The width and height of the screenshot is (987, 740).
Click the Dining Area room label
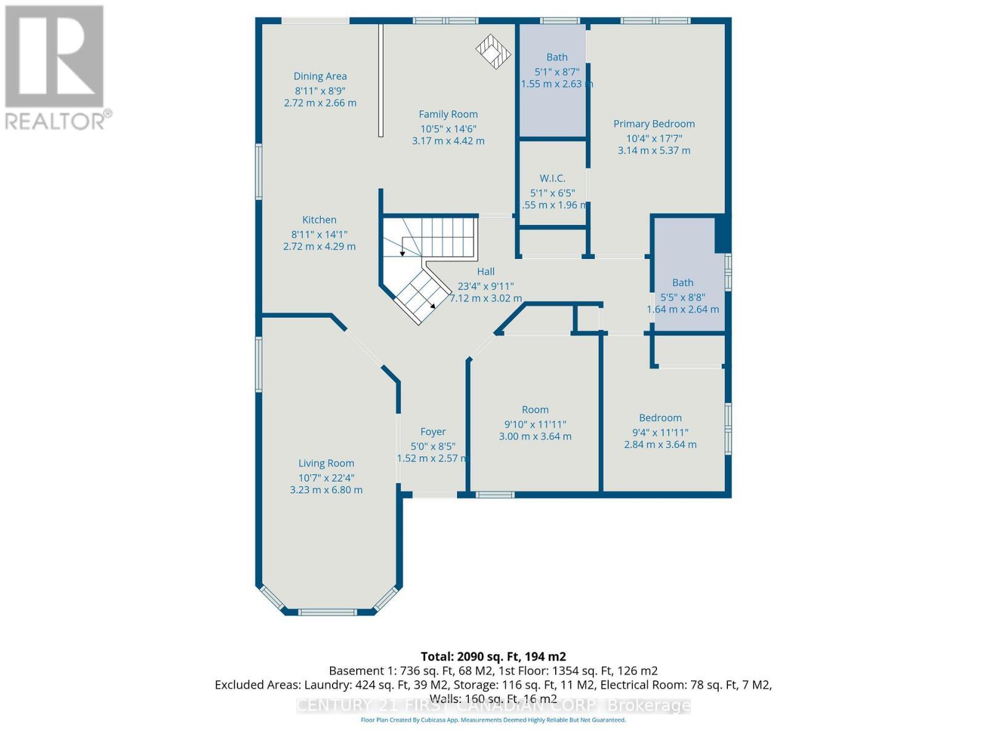coord(320,76)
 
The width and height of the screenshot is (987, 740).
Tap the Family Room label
coord(448,114)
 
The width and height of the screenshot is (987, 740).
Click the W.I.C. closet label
coord(552,178)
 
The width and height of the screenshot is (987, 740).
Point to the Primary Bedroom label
coord(654,124)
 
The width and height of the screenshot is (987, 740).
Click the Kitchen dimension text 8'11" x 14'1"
coord(319,234)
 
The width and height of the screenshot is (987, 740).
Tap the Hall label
coord(485,271)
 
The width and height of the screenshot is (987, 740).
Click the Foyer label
coord(433,432)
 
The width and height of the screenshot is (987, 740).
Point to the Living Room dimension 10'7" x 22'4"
coord(326,478)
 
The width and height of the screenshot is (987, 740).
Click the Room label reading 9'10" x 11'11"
coord(535,410)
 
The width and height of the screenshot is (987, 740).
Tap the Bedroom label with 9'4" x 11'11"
coord(660,418)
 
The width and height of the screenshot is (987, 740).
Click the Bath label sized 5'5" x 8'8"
coord(682,282)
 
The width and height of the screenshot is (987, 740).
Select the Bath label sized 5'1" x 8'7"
coord(556,57)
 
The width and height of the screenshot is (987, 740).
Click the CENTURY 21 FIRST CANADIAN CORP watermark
coord(493,705)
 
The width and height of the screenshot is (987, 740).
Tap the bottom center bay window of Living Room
coord(328,612)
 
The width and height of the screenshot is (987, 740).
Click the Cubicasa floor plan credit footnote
coord(493,720)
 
